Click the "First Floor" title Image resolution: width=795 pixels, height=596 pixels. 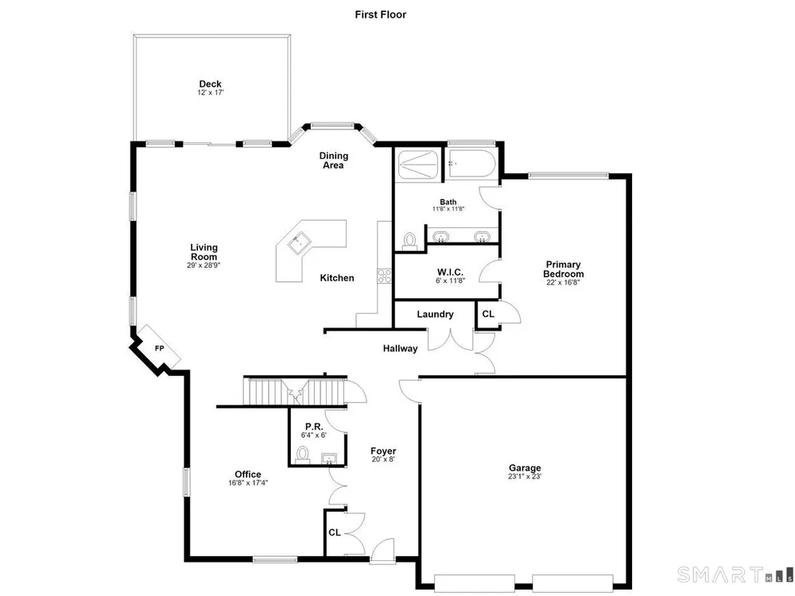[380, 14]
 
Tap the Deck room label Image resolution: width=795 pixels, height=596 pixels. [210, 84]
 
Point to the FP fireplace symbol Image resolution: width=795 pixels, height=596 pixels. [160, 347]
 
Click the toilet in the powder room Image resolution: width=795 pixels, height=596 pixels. [303, 455]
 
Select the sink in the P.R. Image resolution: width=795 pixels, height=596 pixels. [330, 459]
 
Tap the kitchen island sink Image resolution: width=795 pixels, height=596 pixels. [300, 242]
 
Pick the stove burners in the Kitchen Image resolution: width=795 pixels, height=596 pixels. [384, 276]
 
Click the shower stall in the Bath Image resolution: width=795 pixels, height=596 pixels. [418, 164]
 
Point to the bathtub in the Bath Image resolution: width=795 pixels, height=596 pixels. [472, 163]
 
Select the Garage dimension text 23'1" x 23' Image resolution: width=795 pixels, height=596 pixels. [525, 476]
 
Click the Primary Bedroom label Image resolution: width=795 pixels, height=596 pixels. [564, 269]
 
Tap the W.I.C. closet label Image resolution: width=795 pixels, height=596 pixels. [450, 273]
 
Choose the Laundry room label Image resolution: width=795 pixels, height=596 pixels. [435, 314]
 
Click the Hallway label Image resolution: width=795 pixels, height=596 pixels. [400, 348]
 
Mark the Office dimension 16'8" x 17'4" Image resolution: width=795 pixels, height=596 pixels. [248, 483]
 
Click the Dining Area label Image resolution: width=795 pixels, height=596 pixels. [334, 161]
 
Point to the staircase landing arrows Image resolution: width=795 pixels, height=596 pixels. [295, 393]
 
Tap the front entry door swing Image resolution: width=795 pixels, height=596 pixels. [383, 551]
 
